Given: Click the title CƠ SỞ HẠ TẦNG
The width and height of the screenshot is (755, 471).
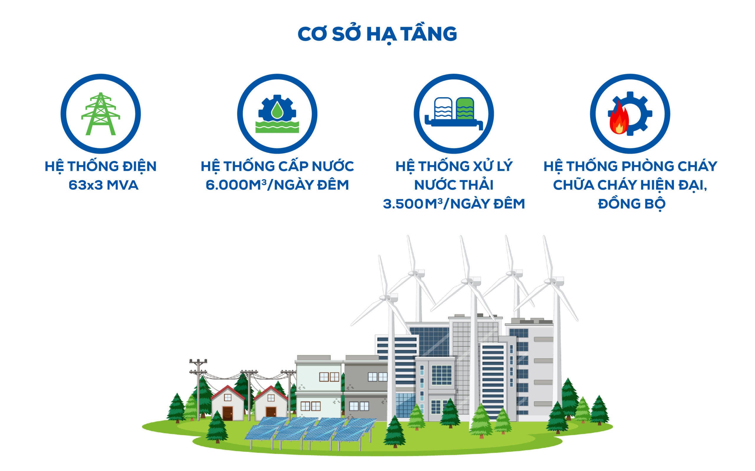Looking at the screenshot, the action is pyautogui.click(x=377, y=34).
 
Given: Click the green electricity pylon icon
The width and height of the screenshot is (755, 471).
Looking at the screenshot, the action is pyautogui.click(x=101, y=114).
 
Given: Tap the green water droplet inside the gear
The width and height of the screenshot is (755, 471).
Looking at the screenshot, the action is pyautogui.click(x=277, y=111).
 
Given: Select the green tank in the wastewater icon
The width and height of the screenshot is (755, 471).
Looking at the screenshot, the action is pyautogui.click(x=465, y=108).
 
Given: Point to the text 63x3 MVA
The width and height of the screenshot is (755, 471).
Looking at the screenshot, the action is pyautogui.click(x=103, y=185).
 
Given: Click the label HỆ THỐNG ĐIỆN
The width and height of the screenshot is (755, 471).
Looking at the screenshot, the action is pyautogui.click(x=101, y=166).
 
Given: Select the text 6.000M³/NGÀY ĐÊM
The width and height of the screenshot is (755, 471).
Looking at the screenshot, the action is pyautogui.click(x=277, y=185).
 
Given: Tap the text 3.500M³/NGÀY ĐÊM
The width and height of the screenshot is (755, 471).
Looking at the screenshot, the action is pyautogui.click(x=454, y=204).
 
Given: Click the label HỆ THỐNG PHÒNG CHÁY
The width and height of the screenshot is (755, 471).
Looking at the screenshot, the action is pyautogui.click(x=631, y=166).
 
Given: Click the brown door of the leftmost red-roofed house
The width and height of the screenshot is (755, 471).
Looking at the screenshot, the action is pyautogui.click(x=228, y=413).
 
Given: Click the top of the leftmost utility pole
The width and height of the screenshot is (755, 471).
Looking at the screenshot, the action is pyautogui.click(x=198, y=361).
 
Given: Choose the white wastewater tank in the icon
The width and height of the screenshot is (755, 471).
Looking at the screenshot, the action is pyautogui.click(x=443, y=108).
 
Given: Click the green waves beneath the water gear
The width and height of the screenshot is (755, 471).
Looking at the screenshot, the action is pyautogui.click(x=277, y=127).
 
